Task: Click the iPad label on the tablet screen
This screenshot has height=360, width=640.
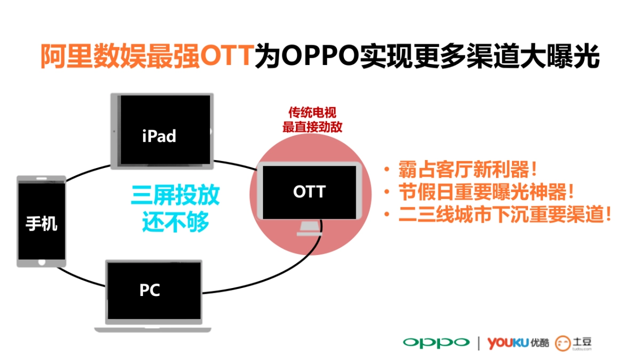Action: [x=159, y=135]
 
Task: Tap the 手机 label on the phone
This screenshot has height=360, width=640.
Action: [x=41, y=223]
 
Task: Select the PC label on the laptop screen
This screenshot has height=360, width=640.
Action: [x=150, y=291]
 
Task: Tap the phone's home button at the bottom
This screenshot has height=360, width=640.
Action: [x=42, y=262]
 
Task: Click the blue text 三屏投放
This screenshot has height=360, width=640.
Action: [x=175, y=196]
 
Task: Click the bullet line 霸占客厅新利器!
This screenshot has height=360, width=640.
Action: [x=465, y=171]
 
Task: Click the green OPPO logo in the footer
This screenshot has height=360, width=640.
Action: [x=436, y=342]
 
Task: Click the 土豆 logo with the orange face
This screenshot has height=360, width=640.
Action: [x=574, y=342]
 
